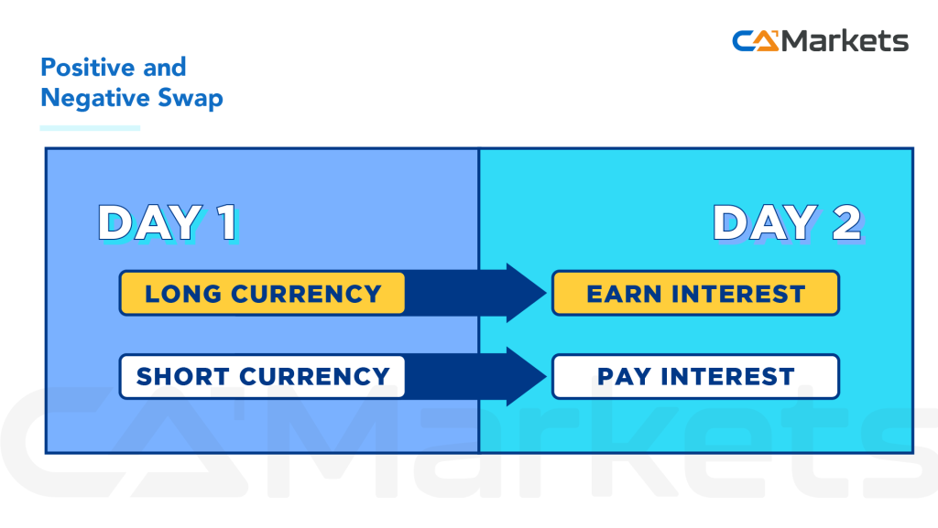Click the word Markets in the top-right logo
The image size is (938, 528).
click(846, 41)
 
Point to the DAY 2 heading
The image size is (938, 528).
click(787, 223)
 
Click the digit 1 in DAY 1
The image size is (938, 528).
click(224, 223)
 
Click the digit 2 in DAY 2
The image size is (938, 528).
click(845, 223)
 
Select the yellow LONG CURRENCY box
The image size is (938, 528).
click(262, 294)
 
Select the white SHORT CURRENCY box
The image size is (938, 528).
click(262, 376)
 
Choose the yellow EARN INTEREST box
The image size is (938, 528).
click(695, 294)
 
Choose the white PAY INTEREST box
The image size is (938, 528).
click(695, 376)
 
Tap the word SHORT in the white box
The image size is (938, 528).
click(183, 376)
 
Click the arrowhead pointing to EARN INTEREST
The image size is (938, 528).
click(525, 293)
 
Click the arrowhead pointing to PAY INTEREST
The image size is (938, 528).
click(525, 376)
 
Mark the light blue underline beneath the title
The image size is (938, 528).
click(90, 127)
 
